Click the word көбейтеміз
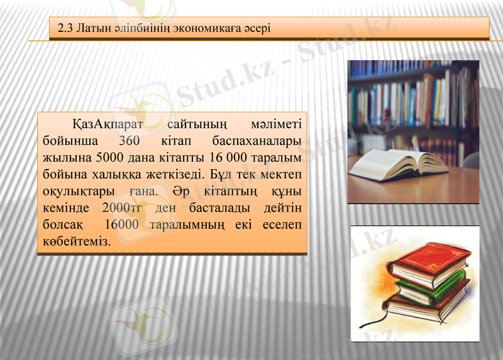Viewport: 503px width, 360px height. pyautogui.click(x=74, y=241)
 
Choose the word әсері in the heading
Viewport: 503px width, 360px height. pyautogui.click(x=257, y=28)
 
